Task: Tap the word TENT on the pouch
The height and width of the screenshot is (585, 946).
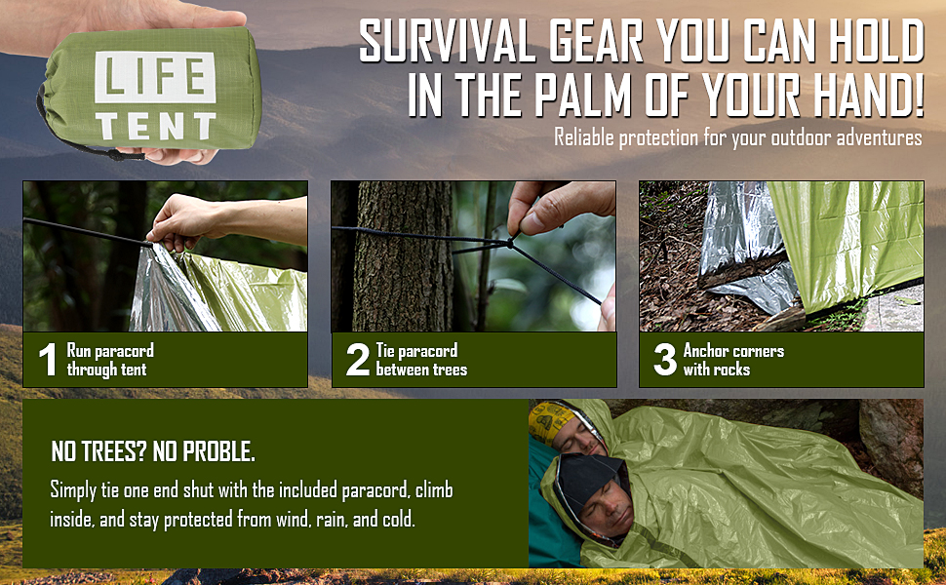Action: [x=157, y=126]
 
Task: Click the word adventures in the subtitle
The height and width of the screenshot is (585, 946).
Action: [x=874, y=137]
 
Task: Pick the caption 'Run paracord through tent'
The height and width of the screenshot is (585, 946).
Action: [x=109, y=360]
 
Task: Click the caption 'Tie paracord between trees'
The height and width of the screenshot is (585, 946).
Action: [x=421, y=360]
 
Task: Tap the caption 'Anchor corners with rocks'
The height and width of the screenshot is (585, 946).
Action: [x=732, y=360]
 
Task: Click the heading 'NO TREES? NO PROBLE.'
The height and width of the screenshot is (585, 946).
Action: [x=152, y=452]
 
